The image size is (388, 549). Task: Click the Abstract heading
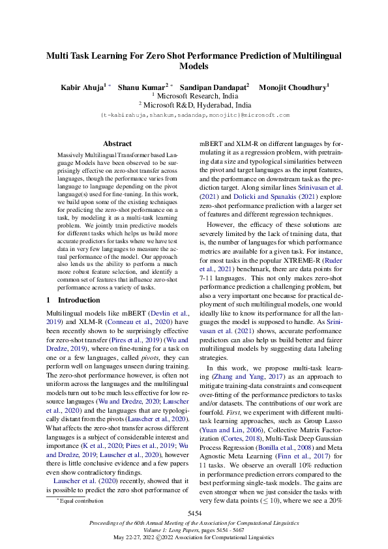pos(118,143)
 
